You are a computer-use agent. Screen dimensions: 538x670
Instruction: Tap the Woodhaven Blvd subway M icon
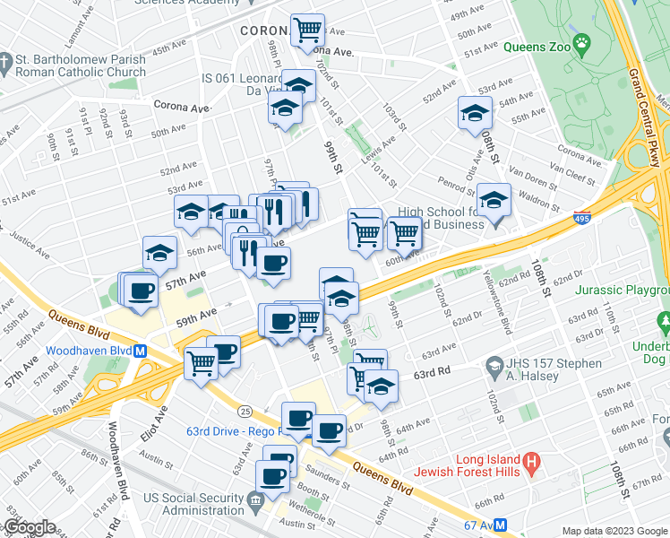point(141,351)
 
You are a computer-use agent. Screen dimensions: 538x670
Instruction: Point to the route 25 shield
point(245,410)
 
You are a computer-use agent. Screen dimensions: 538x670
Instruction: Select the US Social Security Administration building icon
point(256,499)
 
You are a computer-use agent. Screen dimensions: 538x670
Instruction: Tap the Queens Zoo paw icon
point(582,42)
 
